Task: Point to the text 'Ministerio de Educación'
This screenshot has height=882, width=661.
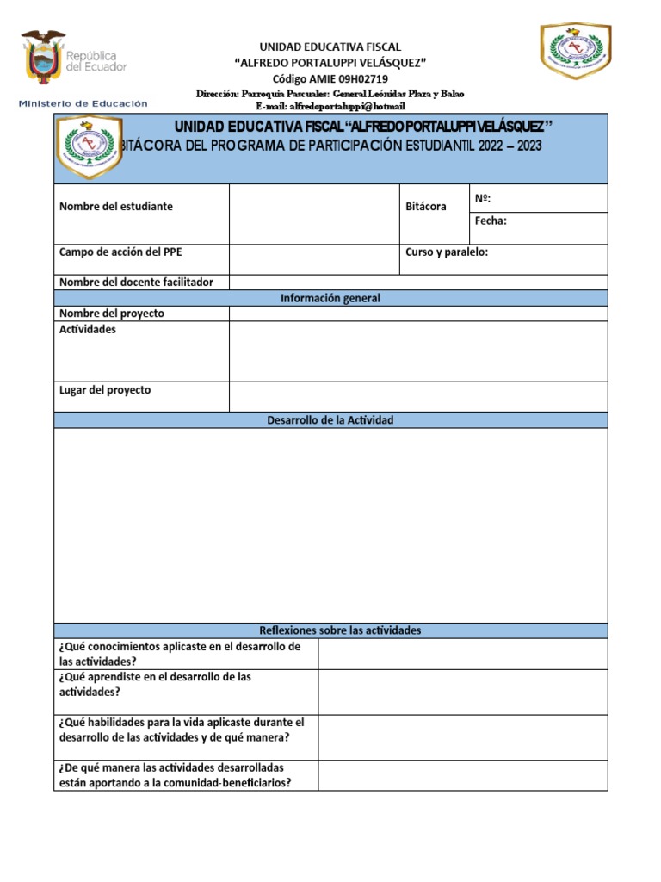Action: coord(83,103)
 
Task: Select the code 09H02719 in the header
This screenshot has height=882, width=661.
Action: coord(357,78)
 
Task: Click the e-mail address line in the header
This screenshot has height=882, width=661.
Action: coord(330,106)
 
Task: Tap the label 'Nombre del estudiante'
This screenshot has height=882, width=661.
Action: coord(116,207)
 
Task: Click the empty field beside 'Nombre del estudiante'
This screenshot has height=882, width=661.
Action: coord(314,214)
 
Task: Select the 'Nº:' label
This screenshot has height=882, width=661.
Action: coord(483,199)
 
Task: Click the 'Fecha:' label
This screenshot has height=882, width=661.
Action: coord(491,221)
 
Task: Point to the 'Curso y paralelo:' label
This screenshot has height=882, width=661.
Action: coord(447,252)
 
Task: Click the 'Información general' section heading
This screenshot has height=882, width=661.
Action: coord(330,298)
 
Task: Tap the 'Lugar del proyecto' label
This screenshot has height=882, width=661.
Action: coord(105,390)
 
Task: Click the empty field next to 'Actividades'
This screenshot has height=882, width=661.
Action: coord(418,351)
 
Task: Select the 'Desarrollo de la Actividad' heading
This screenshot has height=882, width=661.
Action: coord(330,420)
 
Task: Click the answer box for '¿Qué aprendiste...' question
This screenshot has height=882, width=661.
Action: coord(463,692)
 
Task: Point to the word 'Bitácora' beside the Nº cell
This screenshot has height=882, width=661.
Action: coord(426,208)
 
